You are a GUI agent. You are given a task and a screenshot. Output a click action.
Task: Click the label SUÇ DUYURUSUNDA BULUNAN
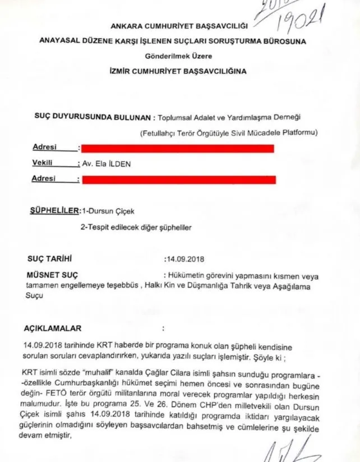(92, 118)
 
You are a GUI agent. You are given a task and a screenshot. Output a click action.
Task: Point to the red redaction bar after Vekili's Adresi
(179, 180)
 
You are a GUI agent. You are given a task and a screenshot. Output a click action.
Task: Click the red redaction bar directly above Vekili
(177, 149)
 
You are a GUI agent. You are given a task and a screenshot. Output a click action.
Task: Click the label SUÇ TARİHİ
(50, 260)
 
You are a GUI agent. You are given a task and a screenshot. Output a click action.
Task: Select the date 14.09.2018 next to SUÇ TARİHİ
(184, 260)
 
